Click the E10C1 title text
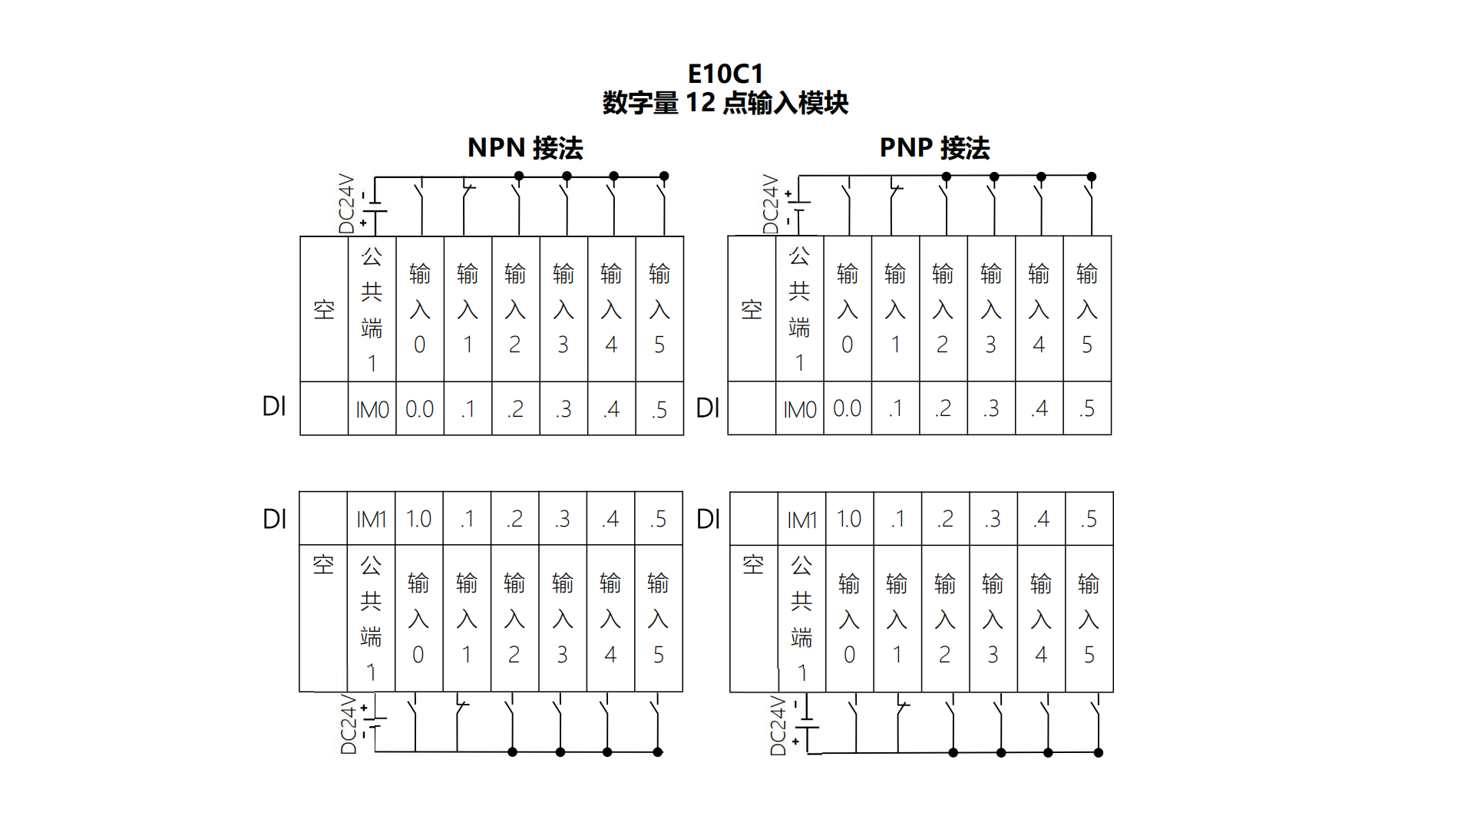(x=725, y=74)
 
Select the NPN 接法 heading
(x=525, y=147)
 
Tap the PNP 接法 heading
(x=934, y=147)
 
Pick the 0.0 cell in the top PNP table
(x=848, y=409)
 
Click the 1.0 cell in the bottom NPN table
(x=418, y=520)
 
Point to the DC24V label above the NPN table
(x=347, y=203)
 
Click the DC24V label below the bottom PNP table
(x=778, y=726)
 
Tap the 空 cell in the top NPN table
(x=324, y=309)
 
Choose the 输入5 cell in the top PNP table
(x=1087, y=309)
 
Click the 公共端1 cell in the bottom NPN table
(x=371, y=619)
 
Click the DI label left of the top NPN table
(x=274, y=407)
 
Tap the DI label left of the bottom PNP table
(x=708, y=520)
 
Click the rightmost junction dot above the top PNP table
(x=1091, y=177)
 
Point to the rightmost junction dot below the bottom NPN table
(x=658, y=752)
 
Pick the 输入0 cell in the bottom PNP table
(x=849, y=619)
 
